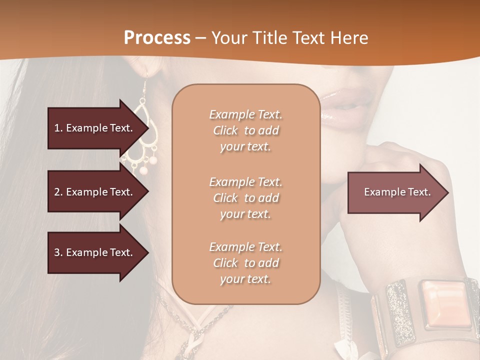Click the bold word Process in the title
(x=157, y=38)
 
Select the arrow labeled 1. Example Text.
(x=95, y=128)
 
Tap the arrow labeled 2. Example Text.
(x=95, y=192)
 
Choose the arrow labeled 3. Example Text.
(x=95, y=252)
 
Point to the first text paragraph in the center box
(x=245, y=130)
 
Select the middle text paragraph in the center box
(x=245, y=198)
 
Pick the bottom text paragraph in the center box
(x=245, y=263)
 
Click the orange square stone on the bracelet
(x=444, y=303)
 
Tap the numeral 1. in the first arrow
(x=58, y=128)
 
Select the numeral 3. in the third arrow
(x=58, y=252)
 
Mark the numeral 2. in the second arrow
(x=58, y=192)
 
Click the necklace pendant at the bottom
(x=192, y=345)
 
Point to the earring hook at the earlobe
(x=146, y=85)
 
